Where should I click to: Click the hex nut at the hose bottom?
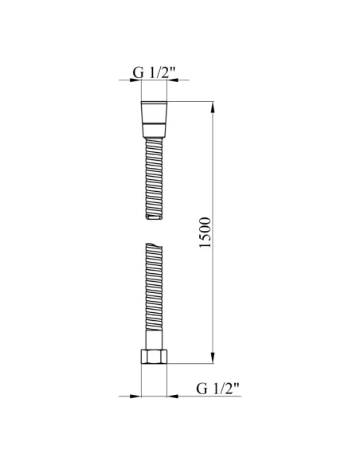click(x=154, y=356)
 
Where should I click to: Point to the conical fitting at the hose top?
click(x=155, y=119)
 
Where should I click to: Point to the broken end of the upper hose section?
click(x=155, y=217)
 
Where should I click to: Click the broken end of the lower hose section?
click(x=155, y=245)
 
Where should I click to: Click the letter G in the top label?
click(x=138, y=74)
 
